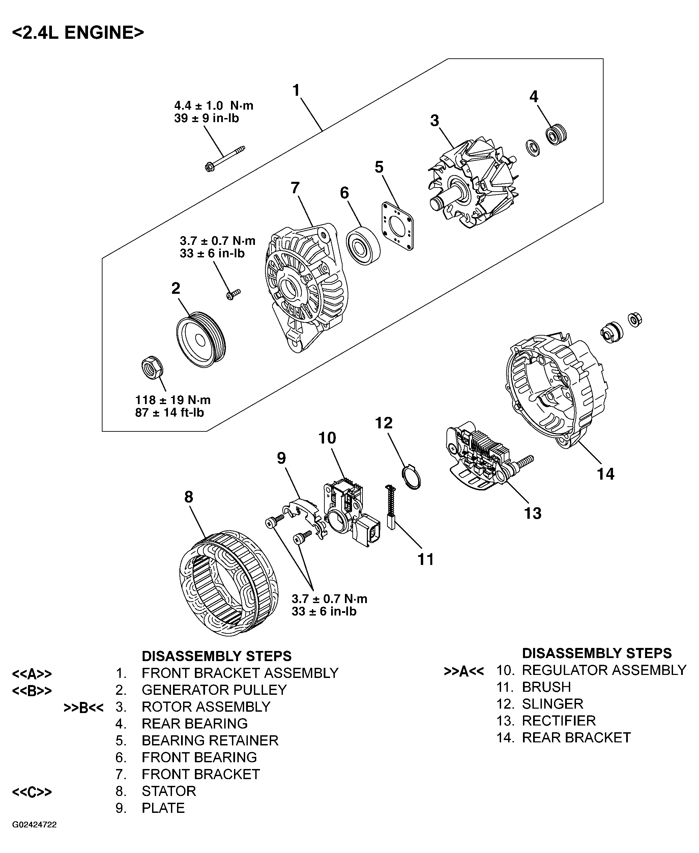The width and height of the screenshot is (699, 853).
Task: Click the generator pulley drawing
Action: (201, 339)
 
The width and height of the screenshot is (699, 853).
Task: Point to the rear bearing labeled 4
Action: (556, 135)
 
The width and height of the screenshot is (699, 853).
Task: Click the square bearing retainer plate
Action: (398, 226)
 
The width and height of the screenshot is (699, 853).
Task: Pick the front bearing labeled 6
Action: (363, 245)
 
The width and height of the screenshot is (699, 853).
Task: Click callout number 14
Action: (605, 474)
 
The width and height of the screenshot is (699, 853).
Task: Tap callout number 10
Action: (327, 438)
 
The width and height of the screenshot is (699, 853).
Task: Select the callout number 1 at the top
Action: (296, 91)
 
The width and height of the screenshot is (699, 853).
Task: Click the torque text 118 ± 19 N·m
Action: (173, 400)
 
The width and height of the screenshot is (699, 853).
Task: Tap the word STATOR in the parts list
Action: (169, 791)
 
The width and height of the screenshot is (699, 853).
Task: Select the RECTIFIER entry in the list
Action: (558, 720)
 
